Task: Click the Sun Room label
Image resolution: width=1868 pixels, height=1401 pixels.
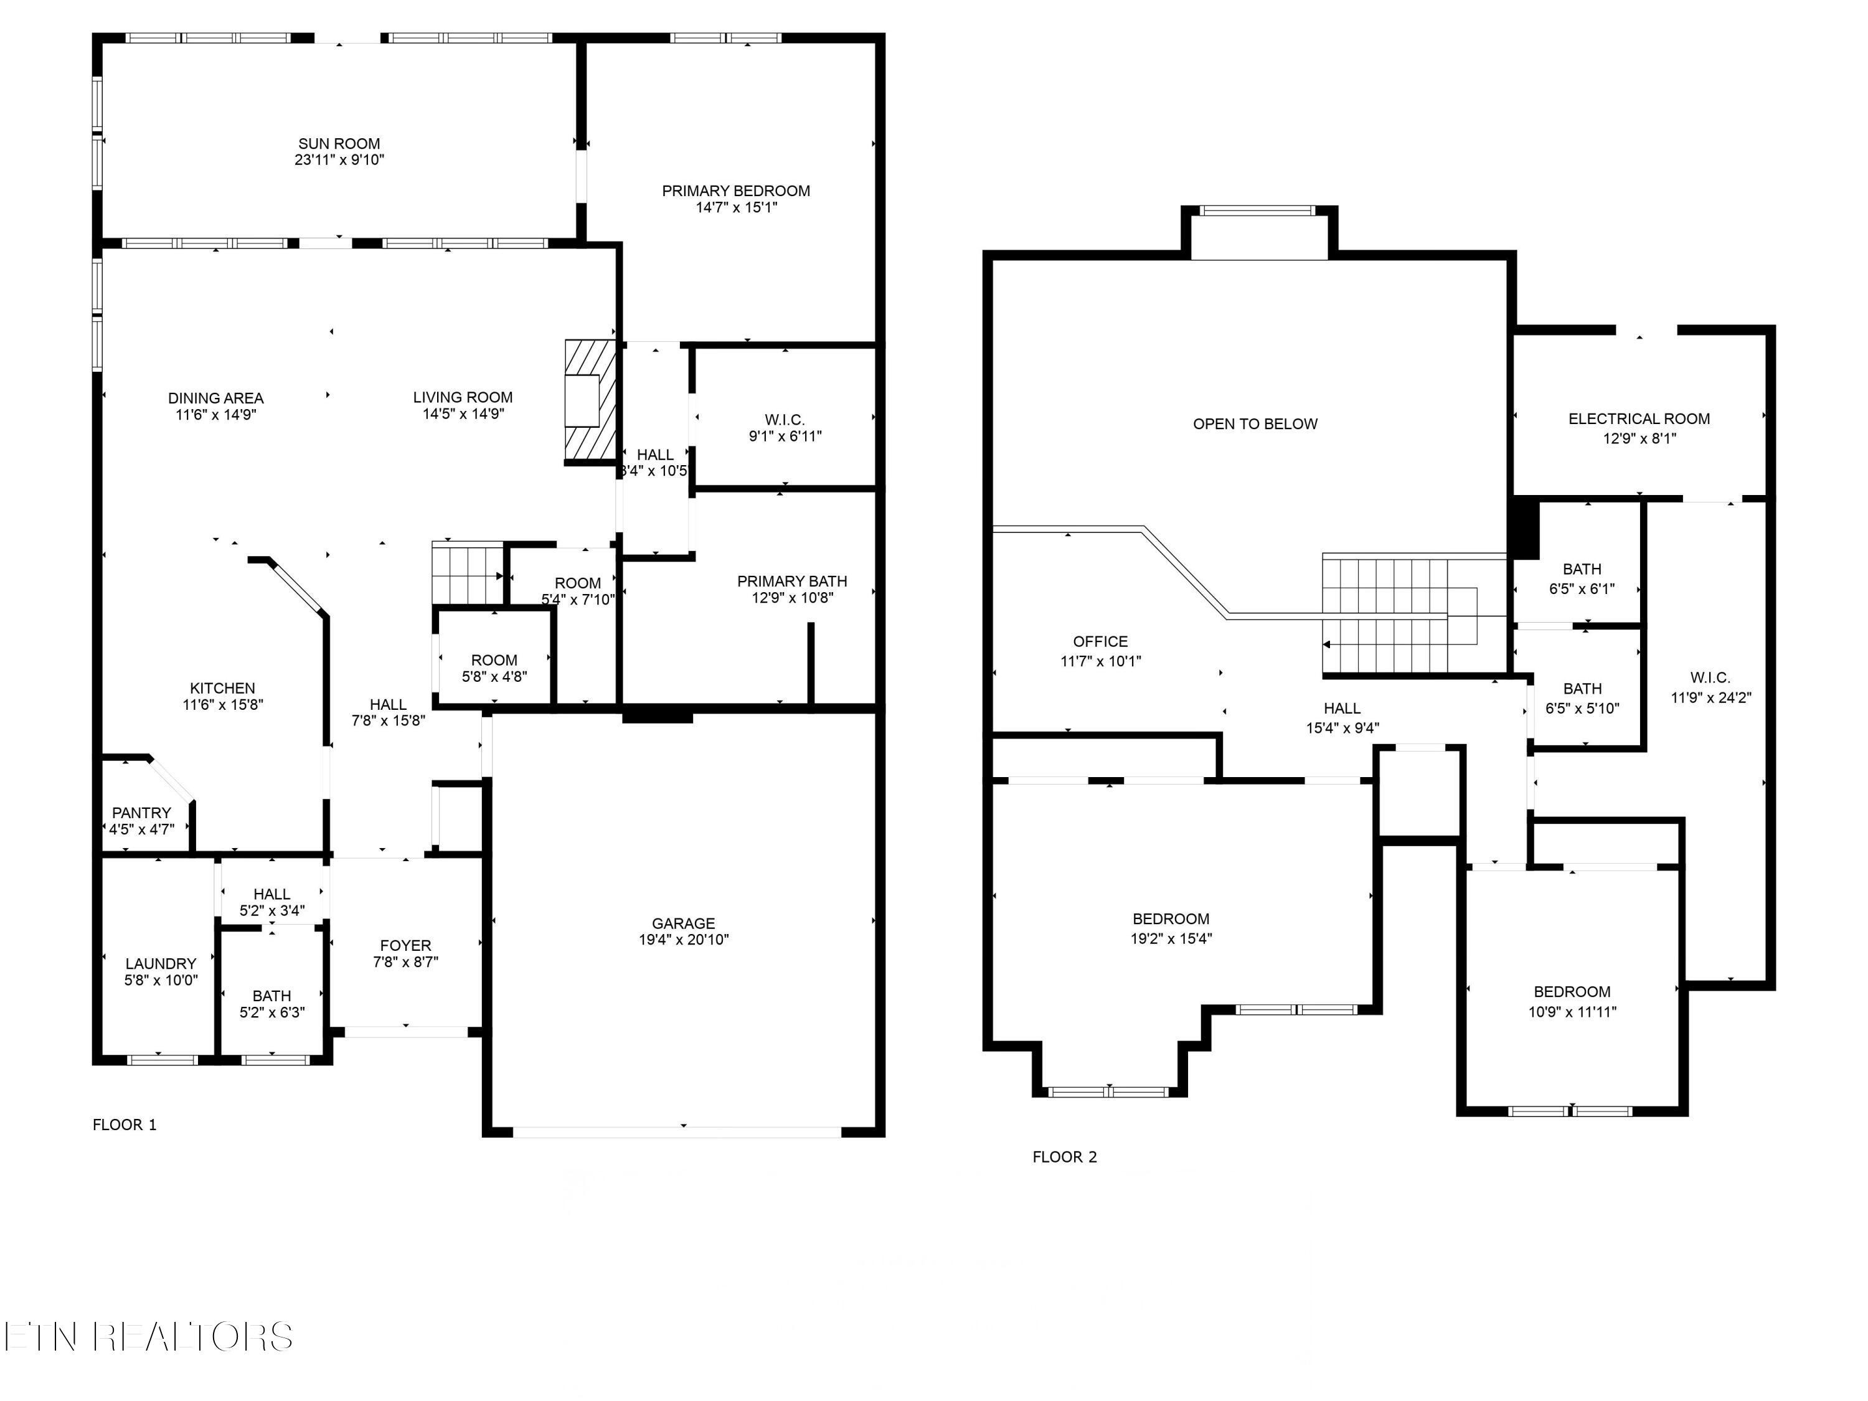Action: click(339, 144)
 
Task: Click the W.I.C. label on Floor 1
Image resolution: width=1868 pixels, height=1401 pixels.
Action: click(785, 420)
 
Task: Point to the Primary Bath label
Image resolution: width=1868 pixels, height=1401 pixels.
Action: click(792, 581)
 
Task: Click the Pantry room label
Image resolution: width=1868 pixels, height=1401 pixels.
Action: click(142, 813)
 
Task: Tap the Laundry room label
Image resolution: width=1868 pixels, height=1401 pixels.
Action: click(161, 963)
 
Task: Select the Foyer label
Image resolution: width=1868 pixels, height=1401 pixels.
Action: click(405, 945)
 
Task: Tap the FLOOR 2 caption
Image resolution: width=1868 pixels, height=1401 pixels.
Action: click(1065, 1157)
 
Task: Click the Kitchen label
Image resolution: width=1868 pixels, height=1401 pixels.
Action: click(222, 688)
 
